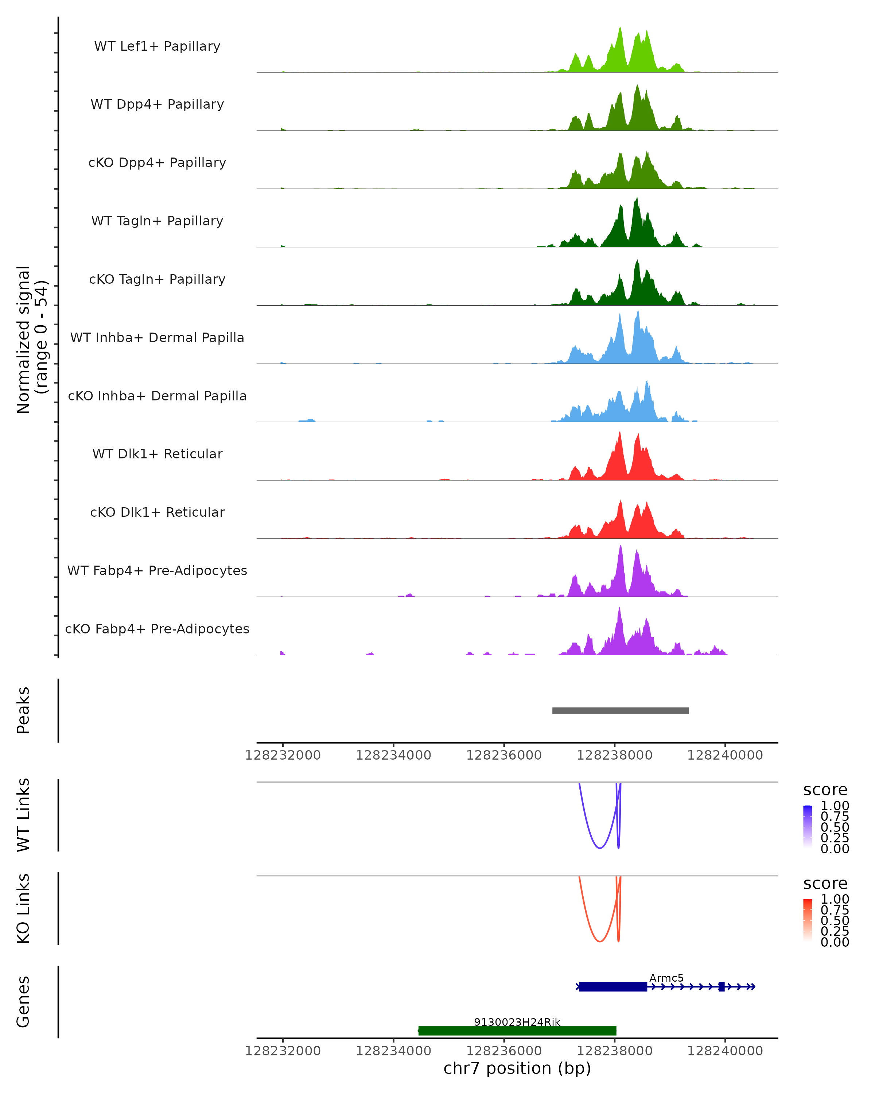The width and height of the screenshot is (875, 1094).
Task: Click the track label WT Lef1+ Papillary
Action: (157, 46)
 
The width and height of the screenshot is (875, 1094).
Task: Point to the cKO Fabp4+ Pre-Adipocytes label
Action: (157, 629)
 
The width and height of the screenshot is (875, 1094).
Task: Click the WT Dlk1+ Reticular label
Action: (157, 454)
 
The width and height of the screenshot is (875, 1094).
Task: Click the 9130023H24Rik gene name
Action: (517, 1022)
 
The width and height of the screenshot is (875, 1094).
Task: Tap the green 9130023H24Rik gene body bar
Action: (517, 1031)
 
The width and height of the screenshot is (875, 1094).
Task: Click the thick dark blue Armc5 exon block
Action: (613, 986)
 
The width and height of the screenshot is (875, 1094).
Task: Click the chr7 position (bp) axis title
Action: (517, 1068)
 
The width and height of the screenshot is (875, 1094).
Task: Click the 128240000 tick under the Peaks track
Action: (725, 755)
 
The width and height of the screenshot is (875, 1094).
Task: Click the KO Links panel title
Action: (23, 908)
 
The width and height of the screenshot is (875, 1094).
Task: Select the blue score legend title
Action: (825, 790)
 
